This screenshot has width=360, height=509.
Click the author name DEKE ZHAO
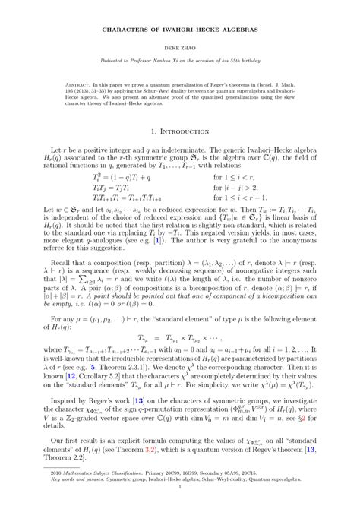coord(180,46)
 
